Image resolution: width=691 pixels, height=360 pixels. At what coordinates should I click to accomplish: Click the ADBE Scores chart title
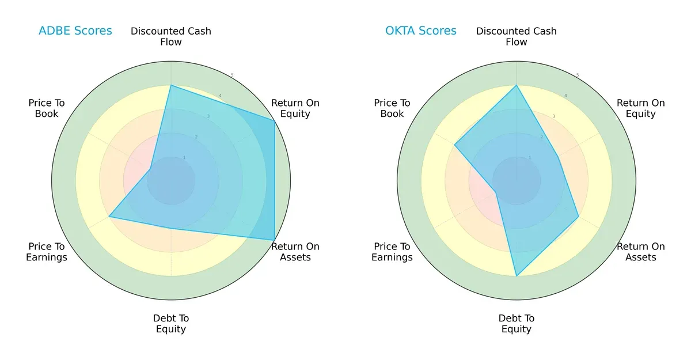75,31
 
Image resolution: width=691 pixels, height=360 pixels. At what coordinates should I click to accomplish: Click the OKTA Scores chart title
421,31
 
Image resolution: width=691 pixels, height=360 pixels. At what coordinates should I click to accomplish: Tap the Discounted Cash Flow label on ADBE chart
171,36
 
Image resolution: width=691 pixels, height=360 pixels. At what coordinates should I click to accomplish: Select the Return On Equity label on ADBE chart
295,108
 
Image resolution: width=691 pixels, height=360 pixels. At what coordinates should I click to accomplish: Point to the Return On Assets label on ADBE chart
295,252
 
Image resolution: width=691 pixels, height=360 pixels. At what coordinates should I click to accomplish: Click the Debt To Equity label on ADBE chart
171,324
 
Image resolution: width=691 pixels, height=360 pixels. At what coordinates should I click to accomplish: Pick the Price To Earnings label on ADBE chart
47,252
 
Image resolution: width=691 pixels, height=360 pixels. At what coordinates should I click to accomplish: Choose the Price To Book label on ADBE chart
47,108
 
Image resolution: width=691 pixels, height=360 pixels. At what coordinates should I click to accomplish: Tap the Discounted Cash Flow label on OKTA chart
517,36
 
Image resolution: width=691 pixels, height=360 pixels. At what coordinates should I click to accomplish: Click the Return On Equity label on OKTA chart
641,108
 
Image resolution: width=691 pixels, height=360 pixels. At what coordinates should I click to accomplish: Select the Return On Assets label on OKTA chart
641,252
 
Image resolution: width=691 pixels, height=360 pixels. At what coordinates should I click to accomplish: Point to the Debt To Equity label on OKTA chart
517,324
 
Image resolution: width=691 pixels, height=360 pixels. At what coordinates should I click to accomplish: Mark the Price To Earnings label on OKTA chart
392,252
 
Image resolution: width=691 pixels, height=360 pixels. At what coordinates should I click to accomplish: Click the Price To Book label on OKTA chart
392,108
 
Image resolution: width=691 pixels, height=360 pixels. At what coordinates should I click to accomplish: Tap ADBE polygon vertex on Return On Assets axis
274,240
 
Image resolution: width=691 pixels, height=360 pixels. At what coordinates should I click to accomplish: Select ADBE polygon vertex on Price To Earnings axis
109,217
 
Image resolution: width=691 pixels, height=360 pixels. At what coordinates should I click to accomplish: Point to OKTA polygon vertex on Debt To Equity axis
517,276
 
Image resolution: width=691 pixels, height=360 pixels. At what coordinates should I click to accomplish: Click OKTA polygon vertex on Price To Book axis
455,145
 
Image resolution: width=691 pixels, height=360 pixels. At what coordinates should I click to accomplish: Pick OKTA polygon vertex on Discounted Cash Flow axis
517,85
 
